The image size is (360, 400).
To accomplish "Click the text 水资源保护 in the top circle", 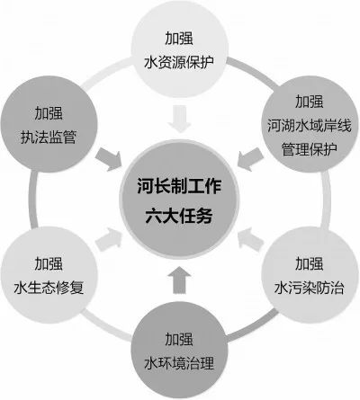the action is tap(179, 63).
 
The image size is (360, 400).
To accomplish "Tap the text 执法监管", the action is tap(49, 137).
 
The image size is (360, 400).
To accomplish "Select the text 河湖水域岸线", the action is tap(310, 126).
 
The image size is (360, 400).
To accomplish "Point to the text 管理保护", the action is tap(310, 149).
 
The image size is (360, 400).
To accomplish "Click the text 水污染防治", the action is tap(310, 288).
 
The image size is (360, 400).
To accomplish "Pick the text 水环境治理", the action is tap(179, 363).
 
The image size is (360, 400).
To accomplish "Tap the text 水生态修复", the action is tap(49, 288).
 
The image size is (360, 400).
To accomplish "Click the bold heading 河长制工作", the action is tap(179, 186).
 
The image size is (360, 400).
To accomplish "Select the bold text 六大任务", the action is tap(179, 216).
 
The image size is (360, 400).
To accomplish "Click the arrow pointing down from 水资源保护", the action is tap(179, 119).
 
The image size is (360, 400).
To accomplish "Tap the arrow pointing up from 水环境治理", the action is tap(179, 280).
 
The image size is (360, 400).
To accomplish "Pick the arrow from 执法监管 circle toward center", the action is tap(109, 159).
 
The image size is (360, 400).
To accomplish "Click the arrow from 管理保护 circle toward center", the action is tap(251, 159).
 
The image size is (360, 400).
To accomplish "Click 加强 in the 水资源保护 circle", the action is tap(179, 39).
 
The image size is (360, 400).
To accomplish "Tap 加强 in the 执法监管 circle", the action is tap(49, 113).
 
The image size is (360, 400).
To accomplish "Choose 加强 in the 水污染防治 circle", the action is tap(310, 263).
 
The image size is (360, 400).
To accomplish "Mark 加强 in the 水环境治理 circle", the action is tap(179, 339).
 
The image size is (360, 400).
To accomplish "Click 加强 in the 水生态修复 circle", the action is tap(49, 263).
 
